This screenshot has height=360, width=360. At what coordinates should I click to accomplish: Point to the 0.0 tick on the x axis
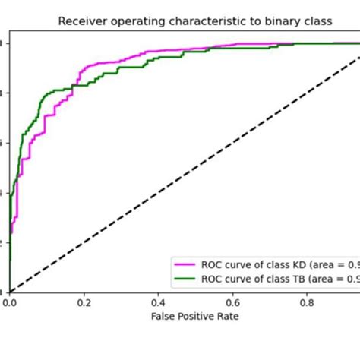[x=9, y=302]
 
